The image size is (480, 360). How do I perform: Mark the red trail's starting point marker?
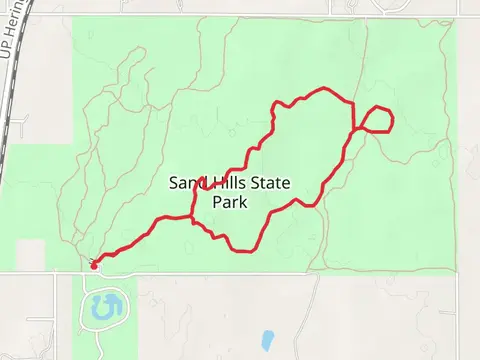94,265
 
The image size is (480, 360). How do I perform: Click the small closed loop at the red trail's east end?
376,119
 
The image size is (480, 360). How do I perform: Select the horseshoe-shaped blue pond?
103,307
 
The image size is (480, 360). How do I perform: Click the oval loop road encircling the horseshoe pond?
82,310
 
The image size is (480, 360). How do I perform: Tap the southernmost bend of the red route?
240,250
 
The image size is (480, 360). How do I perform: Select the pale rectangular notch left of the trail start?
30,254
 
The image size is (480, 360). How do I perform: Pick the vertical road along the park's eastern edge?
456,150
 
